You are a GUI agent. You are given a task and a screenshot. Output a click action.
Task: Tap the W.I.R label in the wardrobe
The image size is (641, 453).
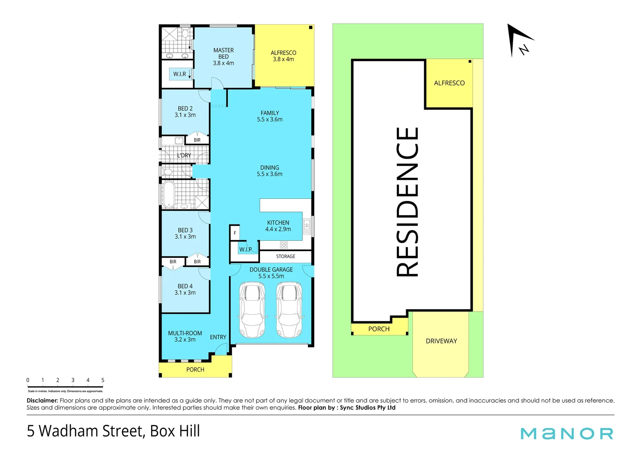[x=180, y=74]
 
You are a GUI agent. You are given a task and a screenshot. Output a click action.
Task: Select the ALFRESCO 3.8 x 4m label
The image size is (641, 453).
[x=283, y=56]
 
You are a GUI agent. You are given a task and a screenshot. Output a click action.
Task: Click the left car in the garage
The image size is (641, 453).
[x=252, y=310]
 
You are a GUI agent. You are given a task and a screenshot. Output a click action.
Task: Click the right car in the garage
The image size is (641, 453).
[x=289, y=310]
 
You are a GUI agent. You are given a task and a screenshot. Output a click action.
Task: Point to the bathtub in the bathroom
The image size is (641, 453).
[x=169, y=194]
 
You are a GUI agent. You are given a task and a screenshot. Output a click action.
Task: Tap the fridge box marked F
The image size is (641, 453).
[x=235, y=233]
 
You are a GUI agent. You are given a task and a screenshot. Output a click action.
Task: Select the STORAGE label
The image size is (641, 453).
[x=285, y=256]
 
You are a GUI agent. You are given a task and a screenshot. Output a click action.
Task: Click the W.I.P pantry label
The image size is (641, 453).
[x=245, y=249]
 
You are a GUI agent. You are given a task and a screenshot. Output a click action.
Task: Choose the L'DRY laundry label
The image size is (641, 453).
[x=184, y=155]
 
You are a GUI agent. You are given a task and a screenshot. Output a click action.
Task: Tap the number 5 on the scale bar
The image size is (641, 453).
[x=103, y=380]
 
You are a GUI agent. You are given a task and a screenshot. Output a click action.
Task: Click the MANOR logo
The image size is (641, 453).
[x=567, y=433]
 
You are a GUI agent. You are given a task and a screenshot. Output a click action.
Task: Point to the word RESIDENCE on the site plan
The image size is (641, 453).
[x=407, y=202]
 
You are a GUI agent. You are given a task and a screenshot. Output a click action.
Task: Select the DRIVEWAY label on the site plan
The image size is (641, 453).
[x=441, y=341]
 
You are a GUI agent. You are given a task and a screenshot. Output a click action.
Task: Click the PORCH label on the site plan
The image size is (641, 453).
[x=379, y=329]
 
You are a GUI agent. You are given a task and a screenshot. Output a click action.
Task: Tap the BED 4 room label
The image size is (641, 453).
[x=185, y=289]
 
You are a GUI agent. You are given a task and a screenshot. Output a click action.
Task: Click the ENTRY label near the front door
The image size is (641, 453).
[x=218, y=337]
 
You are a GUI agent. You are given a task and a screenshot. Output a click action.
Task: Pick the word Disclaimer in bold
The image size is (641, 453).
[x=42, y=401]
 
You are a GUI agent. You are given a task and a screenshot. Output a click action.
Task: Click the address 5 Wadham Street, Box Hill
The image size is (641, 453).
[x=113, y=431]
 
